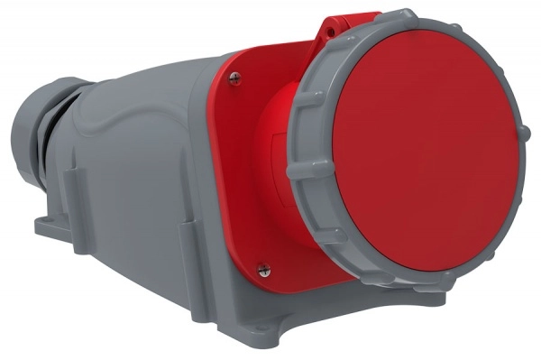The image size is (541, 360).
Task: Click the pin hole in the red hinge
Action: coord(330,32)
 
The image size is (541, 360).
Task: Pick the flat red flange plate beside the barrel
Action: coord(239,180)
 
